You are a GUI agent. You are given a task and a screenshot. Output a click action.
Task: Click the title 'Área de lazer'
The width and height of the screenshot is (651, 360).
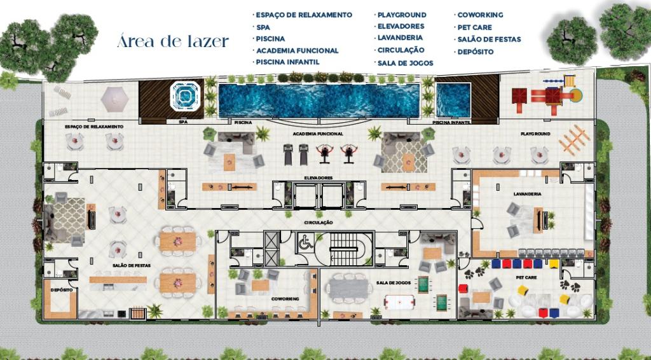pos(173,43)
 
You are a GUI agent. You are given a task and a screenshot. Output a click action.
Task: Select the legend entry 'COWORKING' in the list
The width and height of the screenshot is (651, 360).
pos(479,15)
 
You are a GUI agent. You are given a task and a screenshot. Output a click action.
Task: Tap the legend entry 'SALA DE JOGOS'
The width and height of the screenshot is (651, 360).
pos(405,63)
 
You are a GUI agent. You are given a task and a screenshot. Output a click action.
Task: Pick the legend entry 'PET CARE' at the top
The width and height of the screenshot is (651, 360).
pos(474,27)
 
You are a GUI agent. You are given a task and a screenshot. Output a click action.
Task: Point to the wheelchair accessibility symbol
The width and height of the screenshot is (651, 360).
pos(305,242)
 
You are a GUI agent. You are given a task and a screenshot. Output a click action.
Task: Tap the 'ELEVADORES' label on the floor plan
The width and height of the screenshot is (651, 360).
pos(318,178)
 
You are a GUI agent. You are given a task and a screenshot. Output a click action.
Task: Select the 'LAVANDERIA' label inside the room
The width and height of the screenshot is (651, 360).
pos(527,194)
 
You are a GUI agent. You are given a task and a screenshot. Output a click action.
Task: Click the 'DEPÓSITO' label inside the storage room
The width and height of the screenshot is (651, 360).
pos(61,289)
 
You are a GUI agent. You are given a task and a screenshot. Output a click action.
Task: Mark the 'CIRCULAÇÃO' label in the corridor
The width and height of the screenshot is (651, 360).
pos(319,223)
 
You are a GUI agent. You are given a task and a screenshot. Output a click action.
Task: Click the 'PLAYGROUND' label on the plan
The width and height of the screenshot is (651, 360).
pos(535,134)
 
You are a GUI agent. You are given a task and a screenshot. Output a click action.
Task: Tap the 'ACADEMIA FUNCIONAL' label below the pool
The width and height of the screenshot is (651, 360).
pos(318,134)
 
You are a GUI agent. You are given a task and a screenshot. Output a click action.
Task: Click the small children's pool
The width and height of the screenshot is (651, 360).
pos(453,100)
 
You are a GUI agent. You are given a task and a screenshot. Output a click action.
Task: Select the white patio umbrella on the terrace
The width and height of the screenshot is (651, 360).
pos(115,97)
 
